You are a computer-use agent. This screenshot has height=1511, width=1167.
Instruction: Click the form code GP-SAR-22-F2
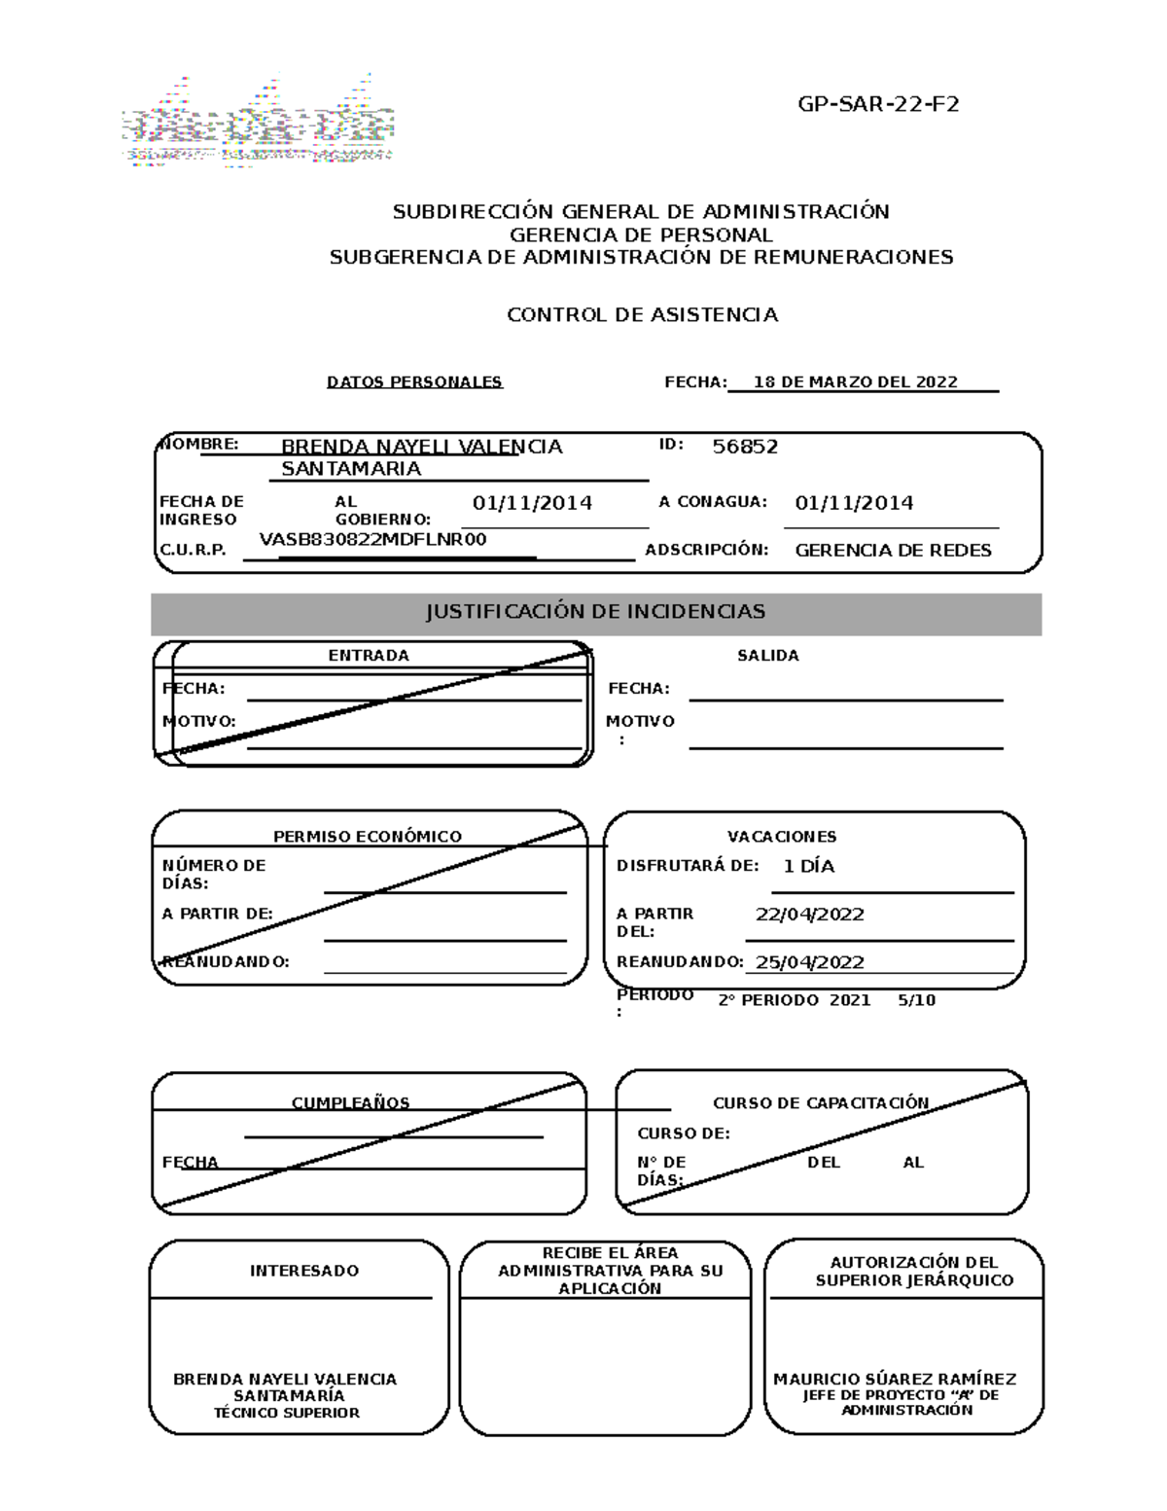click(x=878, y=104)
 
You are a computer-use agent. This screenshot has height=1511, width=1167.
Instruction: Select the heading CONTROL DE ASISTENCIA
click(x=642, y=315)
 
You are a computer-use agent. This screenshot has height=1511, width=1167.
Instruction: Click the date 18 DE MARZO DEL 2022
click(x=855, y=382)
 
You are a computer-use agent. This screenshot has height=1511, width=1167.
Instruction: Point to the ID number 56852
click(x=745, y=447)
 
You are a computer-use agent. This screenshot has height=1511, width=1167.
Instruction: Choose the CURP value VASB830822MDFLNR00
click(x=373, y=540)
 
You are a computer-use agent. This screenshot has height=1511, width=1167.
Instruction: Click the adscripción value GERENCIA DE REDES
click(x=893, y=551)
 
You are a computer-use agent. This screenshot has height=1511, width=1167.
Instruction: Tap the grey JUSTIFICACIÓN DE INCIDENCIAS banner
click(x=595, y=612)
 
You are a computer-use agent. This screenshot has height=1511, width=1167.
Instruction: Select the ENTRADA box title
click(x=369, y=656)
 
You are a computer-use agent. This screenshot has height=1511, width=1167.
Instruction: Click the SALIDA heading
click(x=767, y=656)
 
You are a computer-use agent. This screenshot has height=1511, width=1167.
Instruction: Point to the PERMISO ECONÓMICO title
click(x=367, y=837)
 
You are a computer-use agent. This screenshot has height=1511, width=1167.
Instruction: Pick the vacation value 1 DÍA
click(x=808, y=866)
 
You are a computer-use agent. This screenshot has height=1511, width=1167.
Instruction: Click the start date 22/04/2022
click(x=809, y=915)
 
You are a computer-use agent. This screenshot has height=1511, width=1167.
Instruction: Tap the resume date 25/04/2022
click(x=809, y=962)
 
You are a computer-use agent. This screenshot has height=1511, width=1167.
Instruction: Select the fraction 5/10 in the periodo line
click(x=916, y=1000)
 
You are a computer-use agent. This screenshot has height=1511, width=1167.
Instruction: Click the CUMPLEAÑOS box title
click(x=350, y=1103)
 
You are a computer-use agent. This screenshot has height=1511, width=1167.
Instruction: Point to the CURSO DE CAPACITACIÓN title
click(x=821, y=1103)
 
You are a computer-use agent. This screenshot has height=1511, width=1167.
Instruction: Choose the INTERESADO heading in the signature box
click(x=303, y=1271)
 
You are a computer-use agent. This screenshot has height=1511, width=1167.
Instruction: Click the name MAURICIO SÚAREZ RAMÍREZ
click(x=895, y=1380)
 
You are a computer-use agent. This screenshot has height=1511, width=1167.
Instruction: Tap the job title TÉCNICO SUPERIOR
click(x=287, y=1413)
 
